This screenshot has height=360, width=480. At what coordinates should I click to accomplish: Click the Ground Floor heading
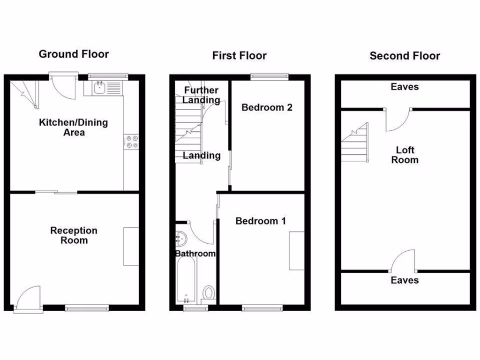coord(74,54)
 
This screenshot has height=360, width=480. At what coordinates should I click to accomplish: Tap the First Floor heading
coord(239,56)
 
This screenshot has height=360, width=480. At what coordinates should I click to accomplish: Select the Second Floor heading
coord(405,56)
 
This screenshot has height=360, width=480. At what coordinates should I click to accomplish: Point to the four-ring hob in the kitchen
coord(132,142)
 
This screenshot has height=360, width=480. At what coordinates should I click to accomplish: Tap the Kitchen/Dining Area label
coord(73,127)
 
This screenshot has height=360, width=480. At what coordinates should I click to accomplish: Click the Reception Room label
coord(74,235)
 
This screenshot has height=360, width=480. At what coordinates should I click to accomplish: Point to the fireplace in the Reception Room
coord(131,247)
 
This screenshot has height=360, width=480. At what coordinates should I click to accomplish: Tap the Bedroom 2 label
coord(267,107)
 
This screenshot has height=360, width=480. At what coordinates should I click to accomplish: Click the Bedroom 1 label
coord(261,221)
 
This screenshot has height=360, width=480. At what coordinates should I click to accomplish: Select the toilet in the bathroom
coord(209,294)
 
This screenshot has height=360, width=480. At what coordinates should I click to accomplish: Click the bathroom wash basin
coord(181,239)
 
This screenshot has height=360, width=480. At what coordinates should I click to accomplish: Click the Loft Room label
coord(405,155)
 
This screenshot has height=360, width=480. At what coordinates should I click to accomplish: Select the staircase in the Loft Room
coord(354,143)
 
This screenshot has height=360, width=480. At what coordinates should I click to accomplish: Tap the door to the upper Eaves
coord(397,119)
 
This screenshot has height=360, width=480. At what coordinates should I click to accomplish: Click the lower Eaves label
coord(405,280)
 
